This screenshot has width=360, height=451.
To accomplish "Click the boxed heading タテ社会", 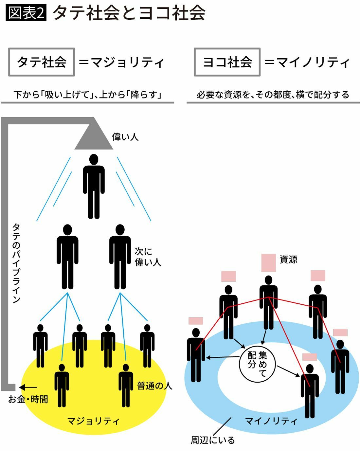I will (42, 62).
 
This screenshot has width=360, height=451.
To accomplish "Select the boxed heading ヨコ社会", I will (227, 62).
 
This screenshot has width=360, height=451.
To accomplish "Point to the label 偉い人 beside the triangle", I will (125, 137).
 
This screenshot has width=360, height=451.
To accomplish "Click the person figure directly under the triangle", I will (94, 187).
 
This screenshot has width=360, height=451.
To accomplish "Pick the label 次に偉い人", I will (148, 257).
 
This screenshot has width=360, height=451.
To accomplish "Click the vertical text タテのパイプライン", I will (16, 263).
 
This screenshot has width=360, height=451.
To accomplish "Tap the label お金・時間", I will (28, 399).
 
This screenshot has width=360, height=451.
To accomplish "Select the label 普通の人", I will (154, 386).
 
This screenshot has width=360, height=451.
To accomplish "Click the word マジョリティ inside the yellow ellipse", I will (93, 421).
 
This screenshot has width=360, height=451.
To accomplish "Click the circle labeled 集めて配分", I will (257, 364).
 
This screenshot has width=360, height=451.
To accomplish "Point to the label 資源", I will (288, 260).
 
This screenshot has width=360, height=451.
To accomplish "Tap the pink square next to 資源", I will (268, 263).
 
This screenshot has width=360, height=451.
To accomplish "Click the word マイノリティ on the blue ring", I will (271, 421).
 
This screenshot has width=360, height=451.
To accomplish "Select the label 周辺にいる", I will (213, 440).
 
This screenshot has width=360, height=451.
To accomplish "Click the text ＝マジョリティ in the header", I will (121, 62).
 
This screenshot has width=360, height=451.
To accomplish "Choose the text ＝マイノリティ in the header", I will (307, 62).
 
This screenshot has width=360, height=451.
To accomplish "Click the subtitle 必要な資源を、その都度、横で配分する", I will (273, 95).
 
